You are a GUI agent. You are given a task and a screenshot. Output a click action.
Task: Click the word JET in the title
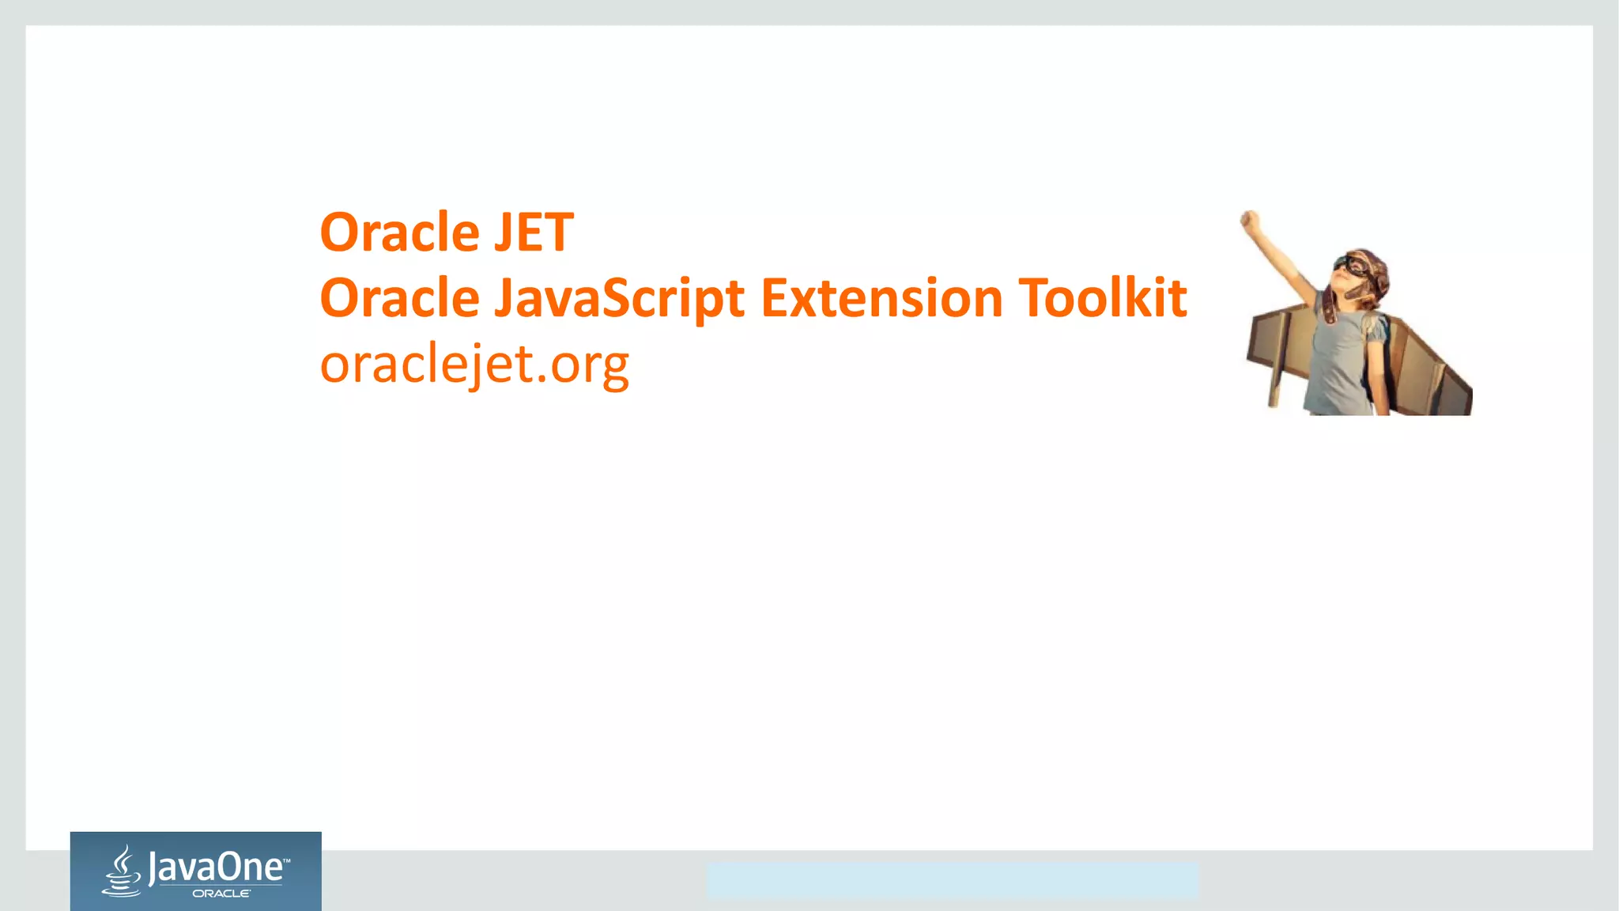point(534,232)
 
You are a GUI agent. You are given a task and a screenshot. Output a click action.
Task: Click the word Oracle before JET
point(400,232)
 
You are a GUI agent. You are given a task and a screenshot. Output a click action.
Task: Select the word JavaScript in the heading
point(619,299)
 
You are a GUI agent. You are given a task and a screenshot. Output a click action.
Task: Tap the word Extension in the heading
point(882,299)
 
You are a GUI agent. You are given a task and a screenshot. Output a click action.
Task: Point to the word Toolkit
point(1103,299)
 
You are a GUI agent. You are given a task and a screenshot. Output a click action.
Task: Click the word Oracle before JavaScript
point(400,299)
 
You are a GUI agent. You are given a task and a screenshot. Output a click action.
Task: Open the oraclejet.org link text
point(474,365)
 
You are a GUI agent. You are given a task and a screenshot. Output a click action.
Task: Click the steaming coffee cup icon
point(122,871)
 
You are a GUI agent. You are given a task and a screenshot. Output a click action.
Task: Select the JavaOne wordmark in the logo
point(215,868)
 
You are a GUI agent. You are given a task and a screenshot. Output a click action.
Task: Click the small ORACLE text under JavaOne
point(221,894)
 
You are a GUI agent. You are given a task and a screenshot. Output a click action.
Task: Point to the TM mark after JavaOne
point(286,859)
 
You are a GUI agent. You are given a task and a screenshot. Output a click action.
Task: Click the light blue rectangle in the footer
point(952,880)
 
